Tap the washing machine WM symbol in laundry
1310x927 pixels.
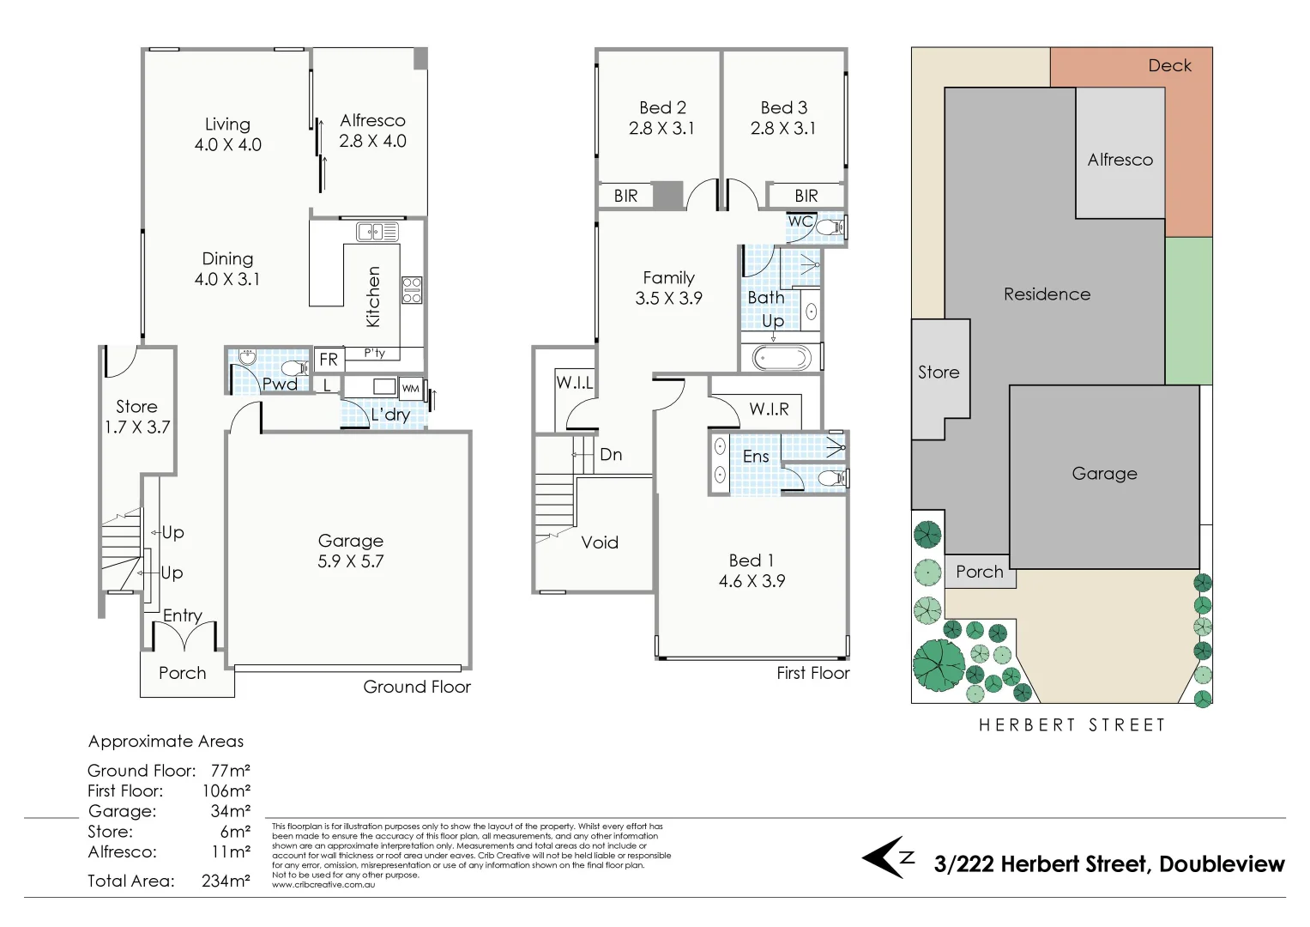tap(411, 388)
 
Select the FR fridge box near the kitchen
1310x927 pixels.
tap(328, 360)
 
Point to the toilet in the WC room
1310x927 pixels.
tap(830, 227)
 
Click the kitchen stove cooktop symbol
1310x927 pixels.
tap(412, 289)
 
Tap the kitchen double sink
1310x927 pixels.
tap(377, 232)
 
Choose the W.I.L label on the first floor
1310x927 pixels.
tap(574, 383)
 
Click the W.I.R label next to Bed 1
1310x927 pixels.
tap(769, 409)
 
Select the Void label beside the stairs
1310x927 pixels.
tap(599, 542)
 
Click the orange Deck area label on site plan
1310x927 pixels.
tap(1169, 66)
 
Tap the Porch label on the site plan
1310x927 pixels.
tap(979, 572)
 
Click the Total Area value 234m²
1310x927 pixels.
tap(226, 881)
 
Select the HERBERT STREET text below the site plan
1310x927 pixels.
tap(1072, 725)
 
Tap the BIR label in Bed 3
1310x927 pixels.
tap(806, 197)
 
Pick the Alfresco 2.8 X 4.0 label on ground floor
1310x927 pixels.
tap(372, 130)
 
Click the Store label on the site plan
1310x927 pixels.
tap(939, 373)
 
